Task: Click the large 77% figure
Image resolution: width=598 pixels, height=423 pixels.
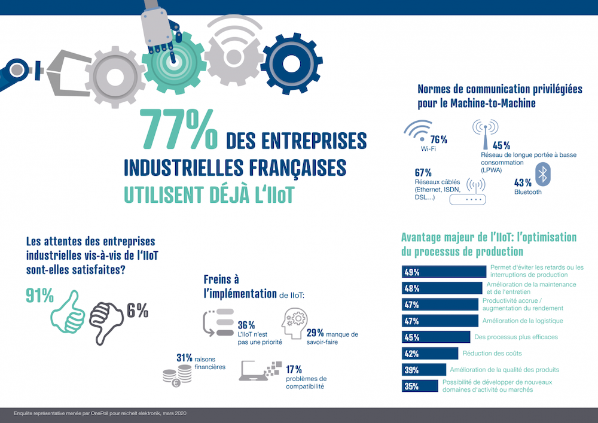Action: pos(179,129)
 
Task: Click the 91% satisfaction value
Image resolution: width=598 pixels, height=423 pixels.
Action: pos(39,296)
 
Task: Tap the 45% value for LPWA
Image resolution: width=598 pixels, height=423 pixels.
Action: pos(501,145)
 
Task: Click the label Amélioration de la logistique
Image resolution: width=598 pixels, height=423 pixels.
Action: pos(523,321)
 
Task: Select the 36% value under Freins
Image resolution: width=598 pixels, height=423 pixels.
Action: pos(246,325)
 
